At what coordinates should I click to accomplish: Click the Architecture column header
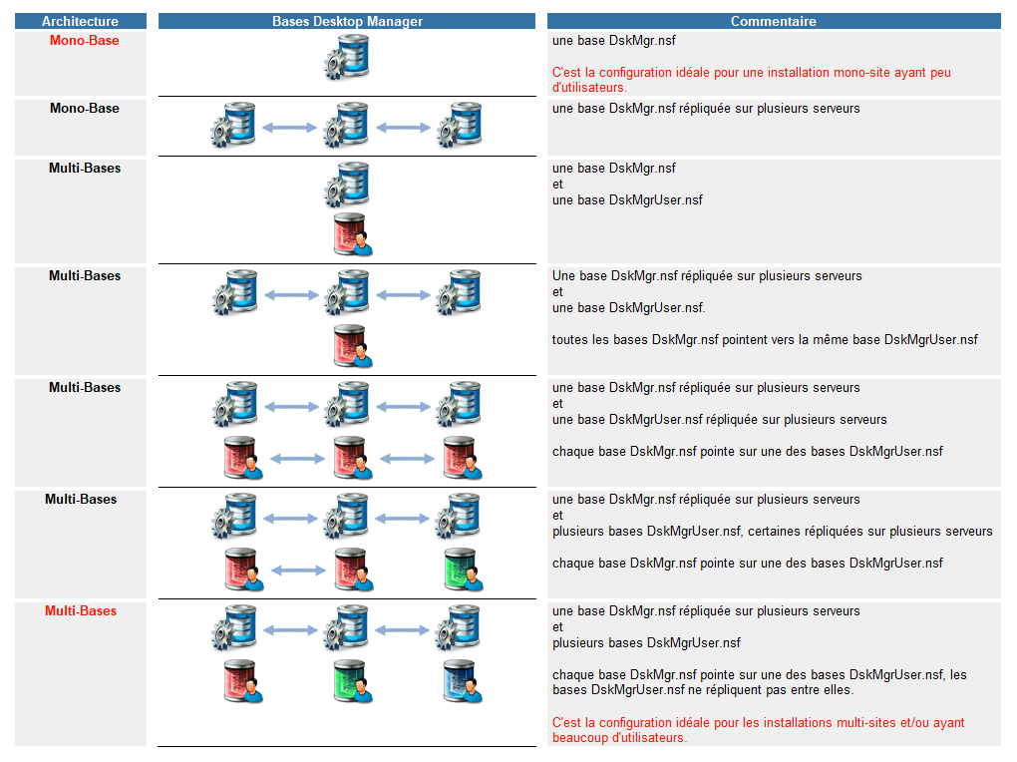[80, 21]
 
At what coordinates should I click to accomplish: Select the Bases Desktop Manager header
[347, 21]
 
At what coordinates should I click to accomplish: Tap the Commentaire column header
[773, 21]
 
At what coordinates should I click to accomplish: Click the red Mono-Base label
[84, 41]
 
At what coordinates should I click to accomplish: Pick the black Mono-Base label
[84, 109]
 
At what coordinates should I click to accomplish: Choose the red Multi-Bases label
[81, 611]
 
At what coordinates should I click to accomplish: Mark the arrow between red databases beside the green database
[298, 571]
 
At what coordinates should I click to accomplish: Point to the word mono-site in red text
[820, 73]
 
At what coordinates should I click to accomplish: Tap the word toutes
[569, 340]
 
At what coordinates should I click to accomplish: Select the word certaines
[780, 532]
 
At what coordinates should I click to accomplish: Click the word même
[834, 340]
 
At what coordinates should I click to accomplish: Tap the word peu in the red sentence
[940, 73]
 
